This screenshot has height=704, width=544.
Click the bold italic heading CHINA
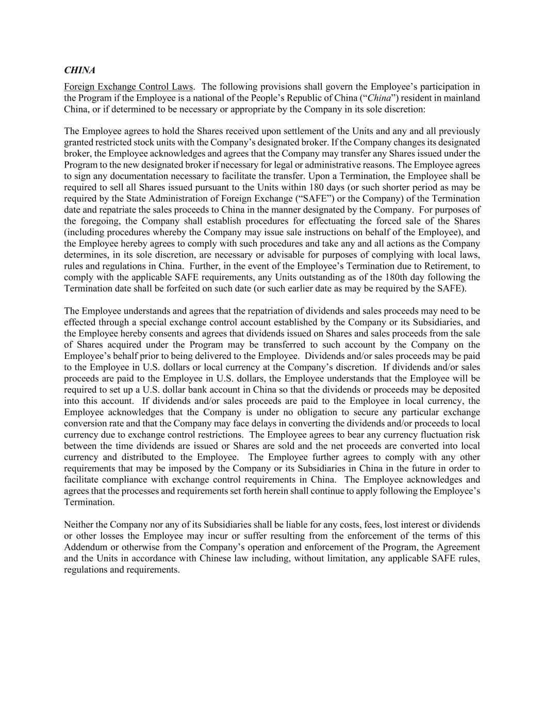[x=79, y=70]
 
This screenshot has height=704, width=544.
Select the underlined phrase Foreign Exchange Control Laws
[x=128, y=87]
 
